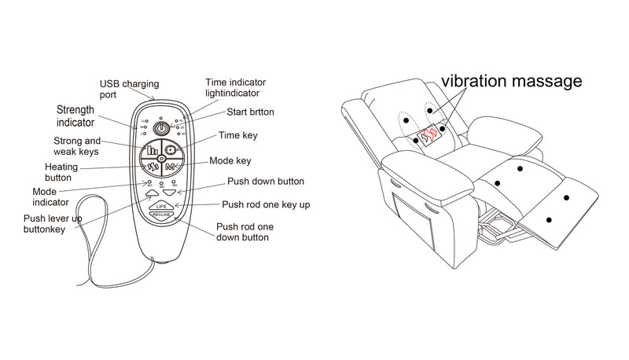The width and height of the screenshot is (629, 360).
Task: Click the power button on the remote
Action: [161, 127]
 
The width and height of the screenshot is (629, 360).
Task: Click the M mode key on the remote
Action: [171, 167]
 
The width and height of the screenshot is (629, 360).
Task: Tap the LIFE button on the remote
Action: [160, 205]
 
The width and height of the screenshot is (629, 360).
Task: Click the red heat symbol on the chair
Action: [429, 136]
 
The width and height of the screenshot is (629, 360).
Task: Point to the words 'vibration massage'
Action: [511, 81]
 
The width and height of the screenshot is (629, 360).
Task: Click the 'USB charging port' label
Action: [129, 89]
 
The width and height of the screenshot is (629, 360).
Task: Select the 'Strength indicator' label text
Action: [75, 116]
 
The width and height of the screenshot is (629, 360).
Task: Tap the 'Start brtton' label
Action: [250, 112]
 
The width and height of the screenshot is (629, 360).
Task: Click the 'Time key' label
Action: [237, 135]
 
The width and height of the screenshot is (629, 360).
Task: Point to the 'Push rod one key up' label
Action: [265, 204]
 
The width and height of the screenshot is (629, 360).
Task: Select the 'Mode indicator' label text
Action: [52, 197]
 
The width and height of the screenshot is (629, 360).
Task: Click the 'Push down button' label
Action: [265, 182]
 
